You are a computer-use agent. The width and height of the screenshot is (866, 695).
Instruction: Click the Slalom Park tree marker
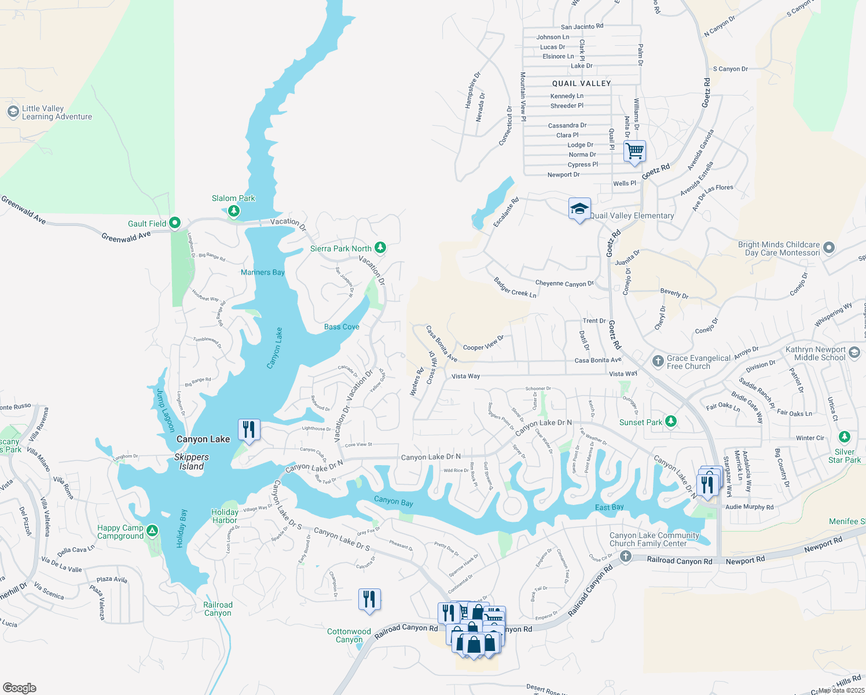coord(234,211)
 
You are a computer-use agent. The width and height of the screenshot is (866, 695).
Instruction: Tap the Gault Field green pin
coord(175,223)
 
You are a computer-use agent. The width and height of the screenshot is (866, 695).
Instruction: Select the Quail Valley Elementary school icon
coord(579,209)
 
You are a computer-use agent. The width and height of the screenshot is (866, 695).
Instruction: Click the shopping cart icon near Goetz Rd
coord(634,151)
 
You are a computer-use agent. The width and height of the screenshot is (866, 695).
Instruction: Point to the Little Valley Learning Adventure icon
coord(13,112)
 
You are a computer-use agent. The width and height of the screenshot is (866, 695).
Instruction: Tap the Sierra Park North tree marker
coord(380,248)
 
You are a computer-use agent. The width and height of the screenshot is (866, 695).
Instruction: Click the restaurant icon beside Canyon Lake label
coord(249,430)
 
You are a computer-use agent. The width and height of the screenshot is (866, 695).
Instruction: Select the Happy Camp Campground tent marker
coord(152,531)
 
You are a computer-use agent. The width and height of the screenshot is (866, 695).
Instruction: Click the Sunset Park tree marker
coord(671,422)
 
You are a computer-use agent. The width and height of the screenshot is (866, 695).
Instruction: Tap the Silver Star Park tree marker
coord(845,437)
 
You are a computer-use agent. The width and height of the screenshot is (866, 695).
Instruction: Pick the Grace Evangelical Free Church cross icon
coord(658,361)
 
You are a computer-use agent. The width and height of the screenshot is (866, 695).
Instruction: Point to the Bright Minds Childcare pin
coord(829,248)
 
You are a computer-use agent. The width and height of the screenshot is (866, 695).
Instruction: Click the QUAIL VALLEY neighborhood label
coord(581,83)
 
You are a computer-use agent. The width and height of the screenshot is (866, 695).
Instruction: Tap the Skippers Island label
coord(192,462)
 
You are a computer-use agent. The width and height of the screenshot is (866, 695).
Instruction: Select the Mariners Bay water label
coord(263,272)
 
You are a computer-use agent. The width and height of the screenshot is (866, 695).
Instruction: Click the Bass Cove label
coord(342,327)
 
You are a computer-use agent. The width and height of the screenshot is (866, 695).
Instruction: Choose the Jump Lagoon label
coord(165,410)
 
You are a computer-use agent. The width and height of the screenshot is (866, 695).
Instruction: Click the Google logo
coord(20,687)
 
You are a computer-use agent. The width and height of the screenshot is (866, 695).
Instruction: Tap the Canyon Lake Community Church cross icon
coord(625,557)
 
